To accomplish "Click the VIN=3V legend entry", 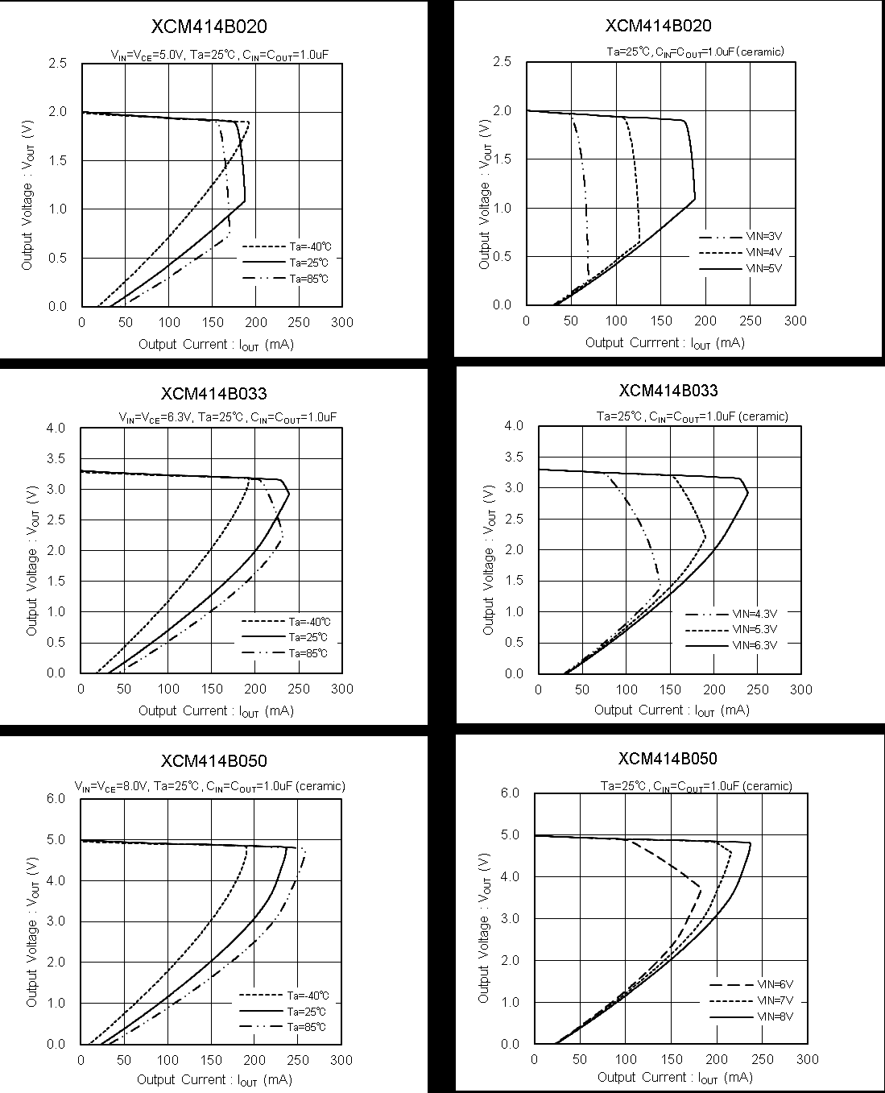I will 764,237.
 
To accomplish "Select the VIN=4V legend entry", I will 764,252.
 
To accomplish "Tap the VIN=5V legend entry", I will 764,268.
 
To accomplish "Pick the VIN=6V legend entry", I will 775,984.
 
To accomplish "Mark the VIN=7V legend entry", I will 775,1000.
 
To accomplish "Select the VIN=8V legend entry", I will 775,1016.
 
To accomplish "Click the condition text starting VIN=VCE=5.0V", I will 220,55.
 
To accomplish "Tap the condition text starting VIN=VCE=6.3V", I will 228,417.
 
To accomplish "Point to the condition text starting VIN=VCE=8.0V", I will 210,785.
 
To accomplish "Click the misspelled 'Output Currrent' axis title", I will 664,343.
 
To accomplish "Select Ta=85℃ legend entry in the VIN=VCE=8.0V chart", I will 307,1027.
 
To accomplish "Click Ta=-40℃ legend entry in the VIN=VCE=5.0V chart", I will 309,246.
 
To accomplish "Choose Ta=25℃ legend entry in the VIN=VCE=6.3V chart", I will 308,637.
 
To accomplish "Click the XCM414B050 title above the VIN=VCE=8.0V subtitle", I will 213,760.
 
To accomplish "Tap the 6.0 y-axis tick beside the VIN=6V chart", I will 511,793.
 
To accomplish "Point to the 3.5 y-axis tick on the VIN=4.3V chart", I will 514,457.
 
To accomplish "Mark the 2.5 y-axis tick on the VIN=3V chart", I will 502,61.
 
